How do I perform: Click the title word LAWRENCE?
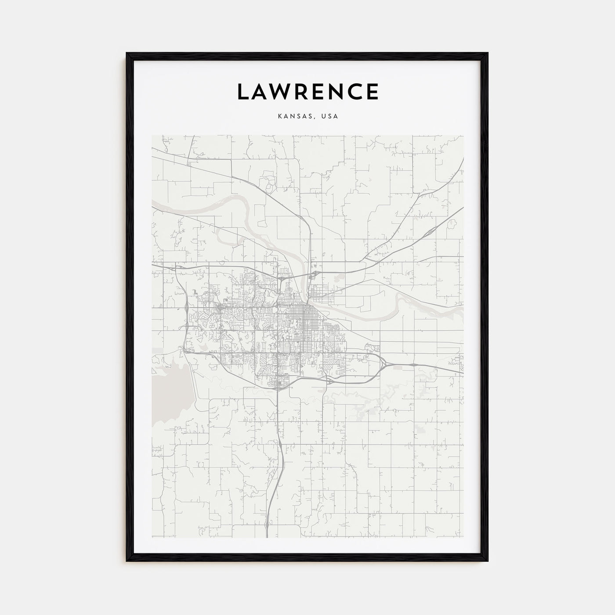coord(307,91)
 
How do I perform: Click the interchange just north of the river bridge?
coord(314,275)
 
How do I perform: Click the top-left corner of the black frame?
coord(127,54)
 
